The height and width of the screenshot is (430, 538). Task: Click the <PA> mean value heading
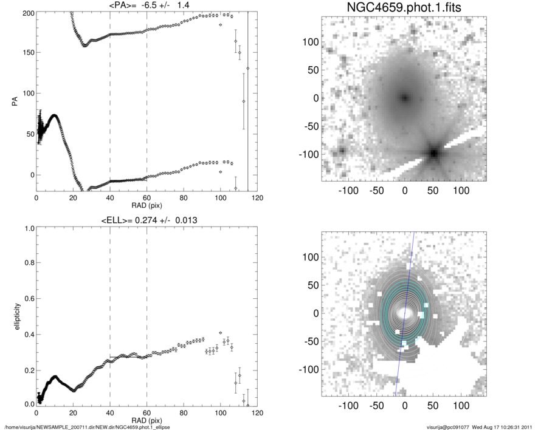147,5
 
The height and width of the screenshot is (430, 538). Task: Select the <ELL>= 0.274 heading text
147,220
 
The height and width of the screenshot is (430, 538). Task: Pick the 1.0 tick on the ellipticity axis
27,228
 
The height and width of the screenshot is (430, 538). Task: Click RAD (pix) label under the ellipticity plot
147,420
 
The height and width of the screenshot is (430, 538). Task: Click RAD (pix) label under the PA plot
147,205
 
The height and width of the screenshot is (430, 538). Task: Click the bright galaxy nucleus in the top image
405,97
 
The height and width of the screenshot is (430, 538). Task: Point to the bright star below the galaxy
433,153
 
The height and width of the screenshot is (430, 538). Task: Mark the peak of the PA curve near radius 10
55,115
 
